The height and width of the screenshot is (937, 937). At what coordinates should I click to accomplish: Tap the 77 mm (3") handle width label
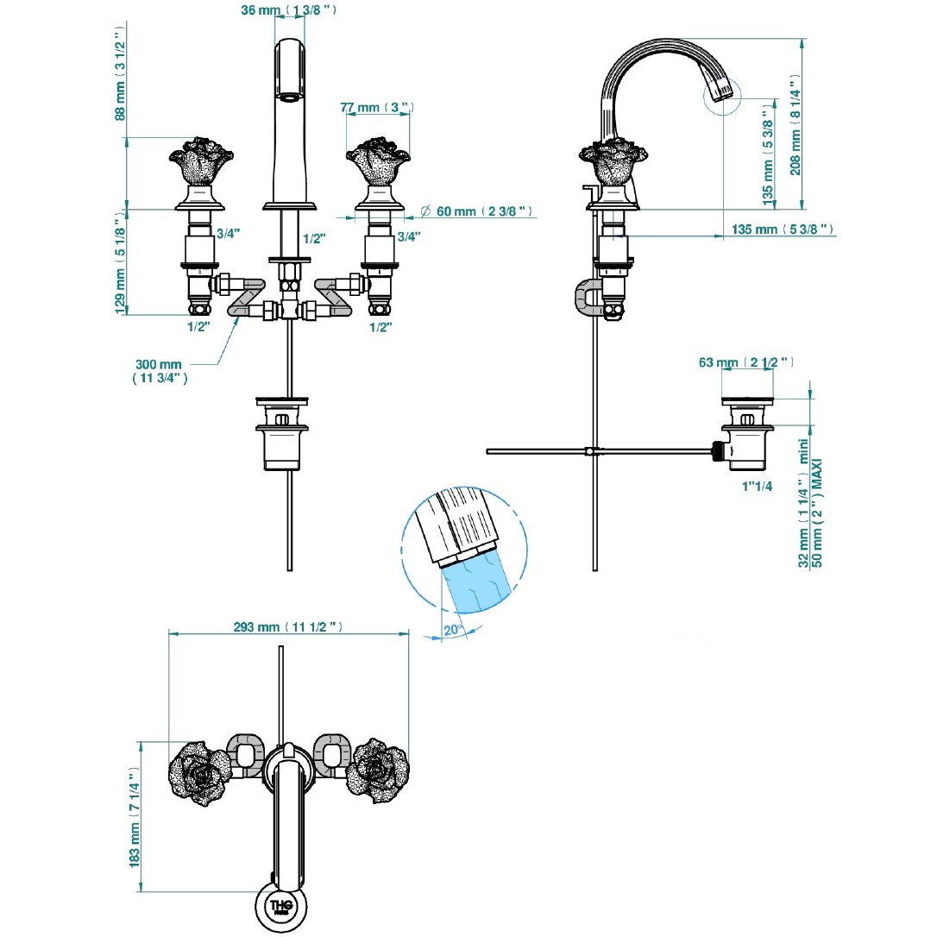point(377,108)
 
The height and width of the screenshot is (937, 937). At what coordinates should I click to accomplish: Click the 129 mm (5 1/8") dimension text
point(121,265)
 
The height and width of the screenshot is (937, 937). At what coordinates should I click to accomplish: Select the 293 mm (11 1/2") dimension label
point(288,627)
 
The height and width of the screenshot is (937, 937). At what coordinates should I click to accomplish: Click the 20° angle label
point(452,630)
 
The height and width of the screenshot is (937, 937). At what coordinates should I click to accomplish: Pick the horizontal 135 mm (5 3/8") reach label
point(781,230)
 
